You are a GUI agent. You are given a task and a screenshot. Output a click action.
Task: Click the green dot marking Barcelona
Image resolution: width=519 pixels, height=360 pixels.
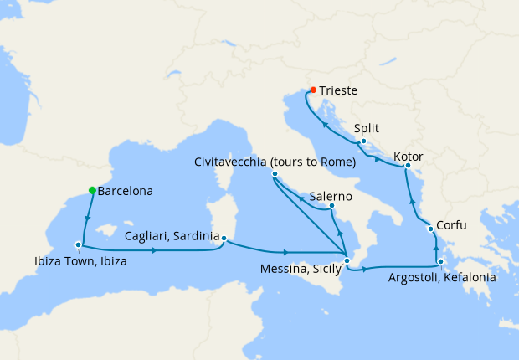(x=93, y=190)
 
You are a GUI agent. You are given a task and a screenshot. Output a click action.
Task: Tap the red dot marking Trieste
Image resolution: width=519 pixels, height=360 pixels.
(x=313, y=90)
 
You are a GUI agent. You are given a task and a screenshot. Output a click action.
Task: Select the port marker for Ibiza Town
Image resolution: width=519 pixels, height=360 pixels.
(x=79, y=245)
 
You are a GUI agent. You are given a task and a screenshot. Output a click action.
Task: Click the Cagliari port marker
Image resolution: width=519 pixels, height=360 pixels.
(x=224, y=237)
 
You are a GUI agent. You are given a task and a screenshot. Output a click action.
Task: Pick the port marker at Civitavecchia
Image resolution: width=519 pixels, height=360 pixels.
(x=275, y=174)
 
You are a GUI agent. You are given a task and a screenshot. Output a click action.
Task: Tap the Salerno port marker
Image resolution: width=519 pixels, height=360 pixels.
(x=332, y=206)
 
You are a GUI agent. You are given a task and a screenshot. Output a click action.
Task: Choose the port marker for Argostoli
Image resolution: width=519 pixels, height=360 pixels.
(x=440, y=262)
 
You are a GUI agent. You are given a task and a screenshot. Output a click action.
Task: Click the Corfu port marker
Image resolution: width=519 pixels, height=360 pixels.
(x=430, y=229)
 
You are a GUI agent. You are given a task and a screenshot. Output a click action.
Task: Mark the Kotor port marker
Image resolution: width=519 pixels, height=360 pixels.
(x=408, y=166)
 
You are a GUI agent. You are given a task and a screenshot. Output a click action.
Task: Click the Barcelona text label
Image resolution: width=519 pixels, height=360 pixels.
(x=126, y=192)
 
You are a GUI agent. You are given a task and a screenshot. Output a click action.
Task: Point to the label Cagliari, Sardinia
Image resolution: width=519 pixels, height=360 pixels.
(x=172, y=236)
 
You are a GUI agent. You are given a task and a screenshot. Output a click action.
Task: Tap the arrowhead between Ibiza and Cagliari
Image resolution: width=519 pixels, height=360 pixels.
(x=156, y=250)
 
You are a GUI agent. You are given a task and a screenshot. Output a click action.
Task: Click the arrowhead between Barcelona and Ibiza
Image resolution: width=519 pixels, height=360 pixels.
(x=86, y=220)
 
